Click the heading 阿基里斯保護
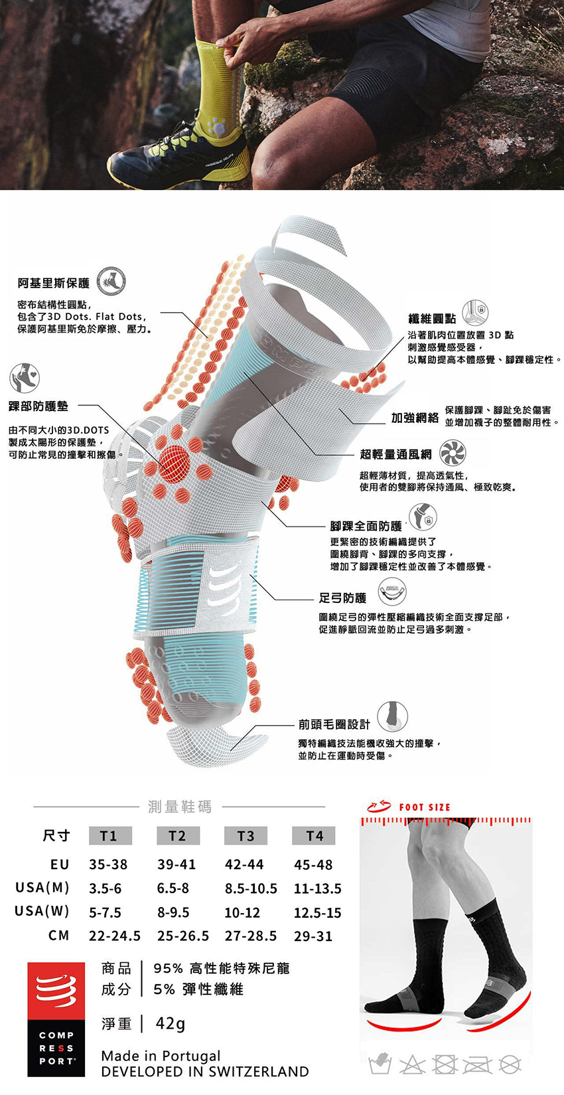pyautogui.click(x=54, y=284)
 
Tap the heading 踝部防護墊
pyautogui.click(x=38, y=406)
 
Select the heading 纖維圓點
pyautogui.click(x=432, y=319)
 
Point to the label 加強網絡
pyautogui.click(x=415, y=417)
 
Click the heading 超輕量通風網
pyautogui.click(x=395, y=454)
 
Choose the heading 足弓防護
pyautogui.click(x=343, y=598)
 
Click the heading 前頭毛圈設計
pyautogui.click(x=334, y=724)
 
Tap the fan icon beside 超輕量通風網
pyautogui.click(x=453, y=453)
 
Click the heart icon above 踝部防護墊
pyautogui.click(x=25, y=378)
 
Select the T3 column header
pyautogui.click(x=246, y=836)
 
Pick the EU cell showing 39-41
pyautogui.click(x=176, y=865)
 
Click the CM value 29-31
pyautogui.click(x=313, y=936)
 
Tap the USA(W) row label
pyautogui.click(x=42, y=911)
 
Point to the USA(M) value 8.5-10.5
pyautogui.click(x=251, y=888)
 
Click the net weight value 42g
pyautogui.click(x=171, y=1023)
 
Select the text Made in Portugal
pyautogui.click(x=161, y=1056)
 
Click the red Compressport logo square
pyautogui.click(x=56, y=990)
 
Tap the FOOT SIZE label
pyautogui.click(x=424, y=807)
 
